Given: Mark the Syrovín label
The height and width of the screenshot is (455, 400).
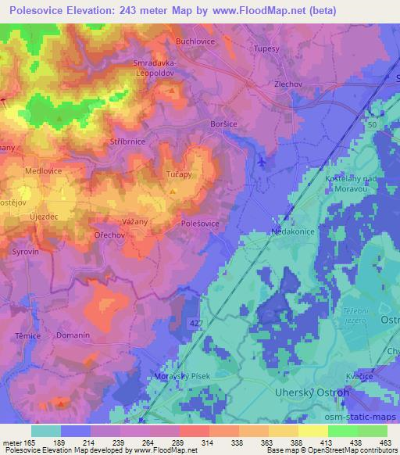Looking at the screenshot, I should point(25,252).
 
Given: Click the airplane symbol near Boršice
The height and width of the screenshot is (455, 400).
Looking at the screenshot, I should point(260,160).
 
